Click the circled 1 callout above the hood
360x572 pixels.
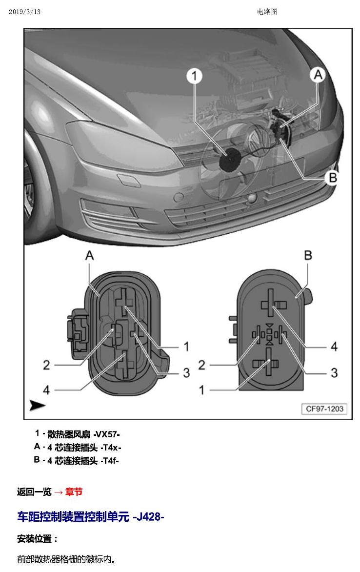(195, 76)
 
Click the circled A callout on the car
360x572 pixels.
(318, 75)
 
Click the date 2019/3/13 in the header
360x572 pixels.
(24, 12)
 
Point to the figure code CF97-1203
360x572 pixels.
(324, 409)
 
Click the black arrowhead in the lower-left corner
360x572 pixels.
(37, 405)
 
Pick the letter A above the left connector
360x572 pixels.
(89, 255)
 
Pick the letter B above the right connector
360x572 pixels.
(308, 255)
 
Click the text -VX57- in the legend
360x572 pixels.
(106, 434)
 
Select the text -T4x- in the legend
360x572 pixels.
(111, 447)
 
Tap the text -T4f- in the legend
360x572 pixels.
(109, 460)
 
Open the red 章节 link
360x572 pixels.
(74, 492)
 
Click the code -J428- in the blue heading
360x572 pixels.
(148, 516)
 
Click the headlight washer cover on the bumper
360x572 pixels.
(129, 181)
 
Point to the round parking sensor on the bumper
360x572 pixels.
(179, 197)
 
